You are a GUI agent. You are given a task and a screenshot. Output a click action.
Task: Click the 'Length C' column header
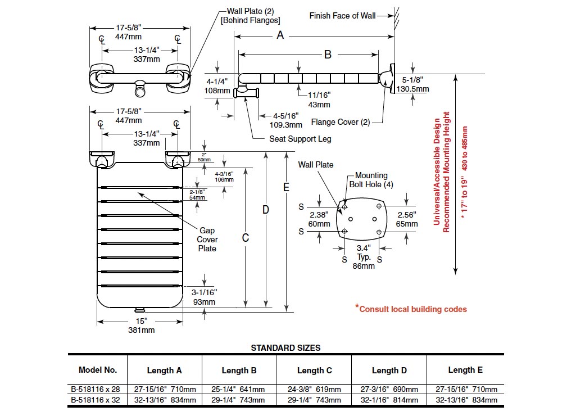314,371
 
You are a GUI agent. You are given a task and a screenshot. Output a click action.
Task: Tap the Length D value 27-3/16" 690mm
389,389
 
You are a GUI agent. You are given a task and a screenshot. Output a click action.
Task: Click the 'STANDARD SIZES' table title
285,348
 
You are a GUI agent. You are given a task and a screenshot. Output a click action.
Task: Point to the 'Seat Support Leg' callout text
300,139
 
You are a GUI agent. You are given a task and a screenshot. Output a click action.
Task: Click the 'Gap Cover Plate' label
207,240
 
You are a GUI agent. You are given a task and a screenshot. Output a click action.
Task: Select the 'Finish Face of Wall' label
342,16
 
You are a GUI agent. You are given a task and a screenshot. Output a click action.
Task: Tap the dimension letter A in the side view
280,36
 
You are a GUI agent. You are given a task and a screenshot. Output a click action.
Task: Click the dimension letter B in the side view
328,55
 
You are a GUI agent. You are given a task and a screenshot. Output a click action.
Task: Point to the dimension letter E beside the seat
286,187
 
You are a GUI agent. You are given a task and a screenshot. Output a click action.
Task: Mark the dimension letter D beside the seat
266,210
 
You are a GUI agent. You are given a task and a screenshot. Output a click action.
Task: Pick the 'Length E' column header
465,370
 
